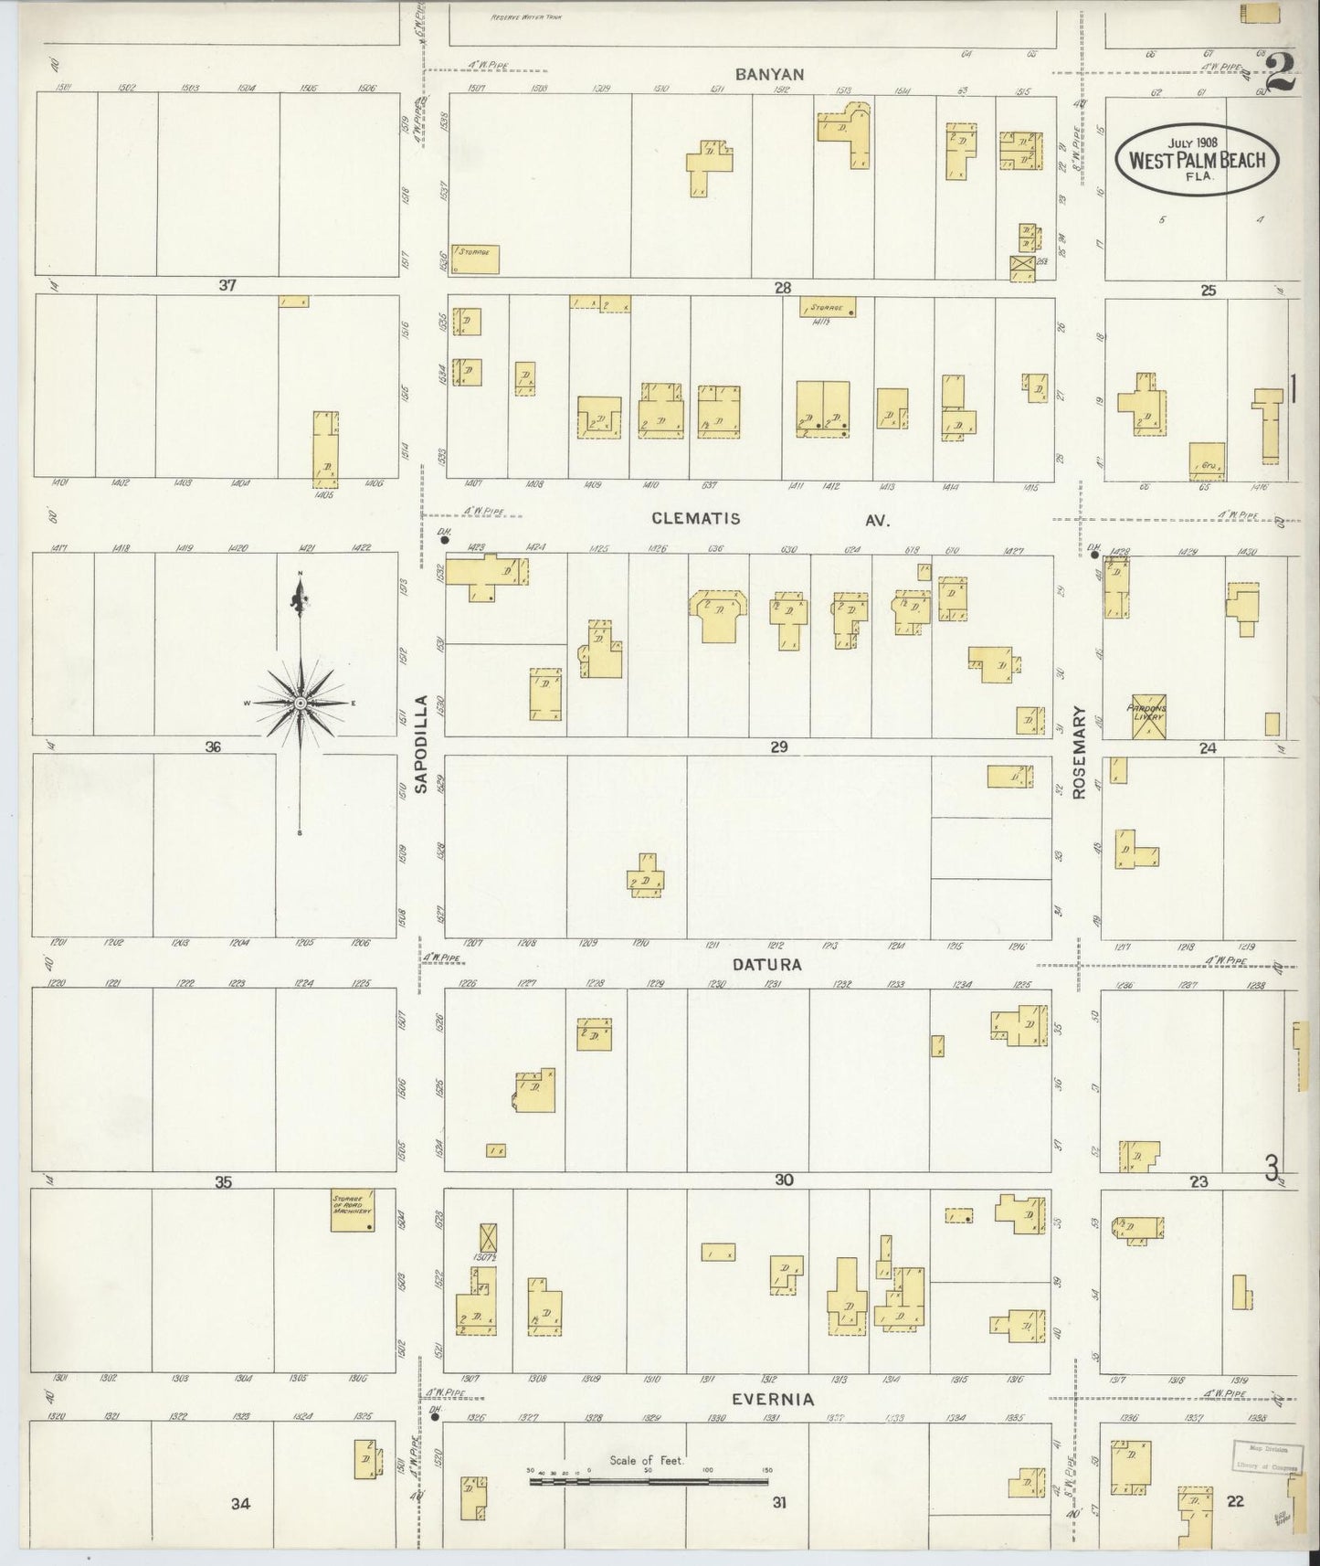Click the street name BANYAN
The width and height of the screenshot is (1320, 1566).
click(773, 74)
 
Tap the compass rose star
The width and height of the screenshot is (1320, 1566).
click(301, 703)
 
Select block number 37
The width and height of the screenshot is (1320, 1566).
click(227, 285)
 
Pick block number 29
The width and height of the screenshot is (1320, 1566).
click(778, 746)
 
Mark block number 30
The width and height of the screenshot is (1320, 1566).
click(784, 1180)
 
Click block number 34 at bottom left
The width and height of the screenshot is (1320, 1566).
click(240, 1503)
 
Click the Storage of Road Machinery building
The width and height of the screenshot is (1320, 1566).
click(352, 1210)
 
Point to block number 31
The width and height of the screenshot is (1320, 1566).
click(778, 1501)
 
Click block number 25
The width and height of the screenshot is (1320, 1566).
click(1209, 291)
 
